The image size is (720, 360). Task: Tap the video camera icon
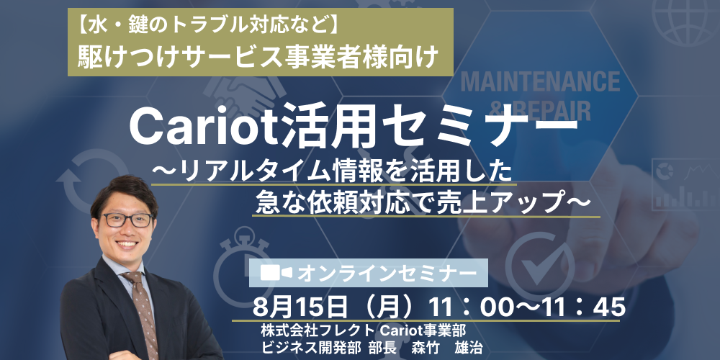[276, 273]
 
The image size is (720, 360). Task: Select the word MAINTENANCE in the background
[540, 81]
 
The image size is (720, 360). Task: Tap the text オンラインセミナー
[387, 273]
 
